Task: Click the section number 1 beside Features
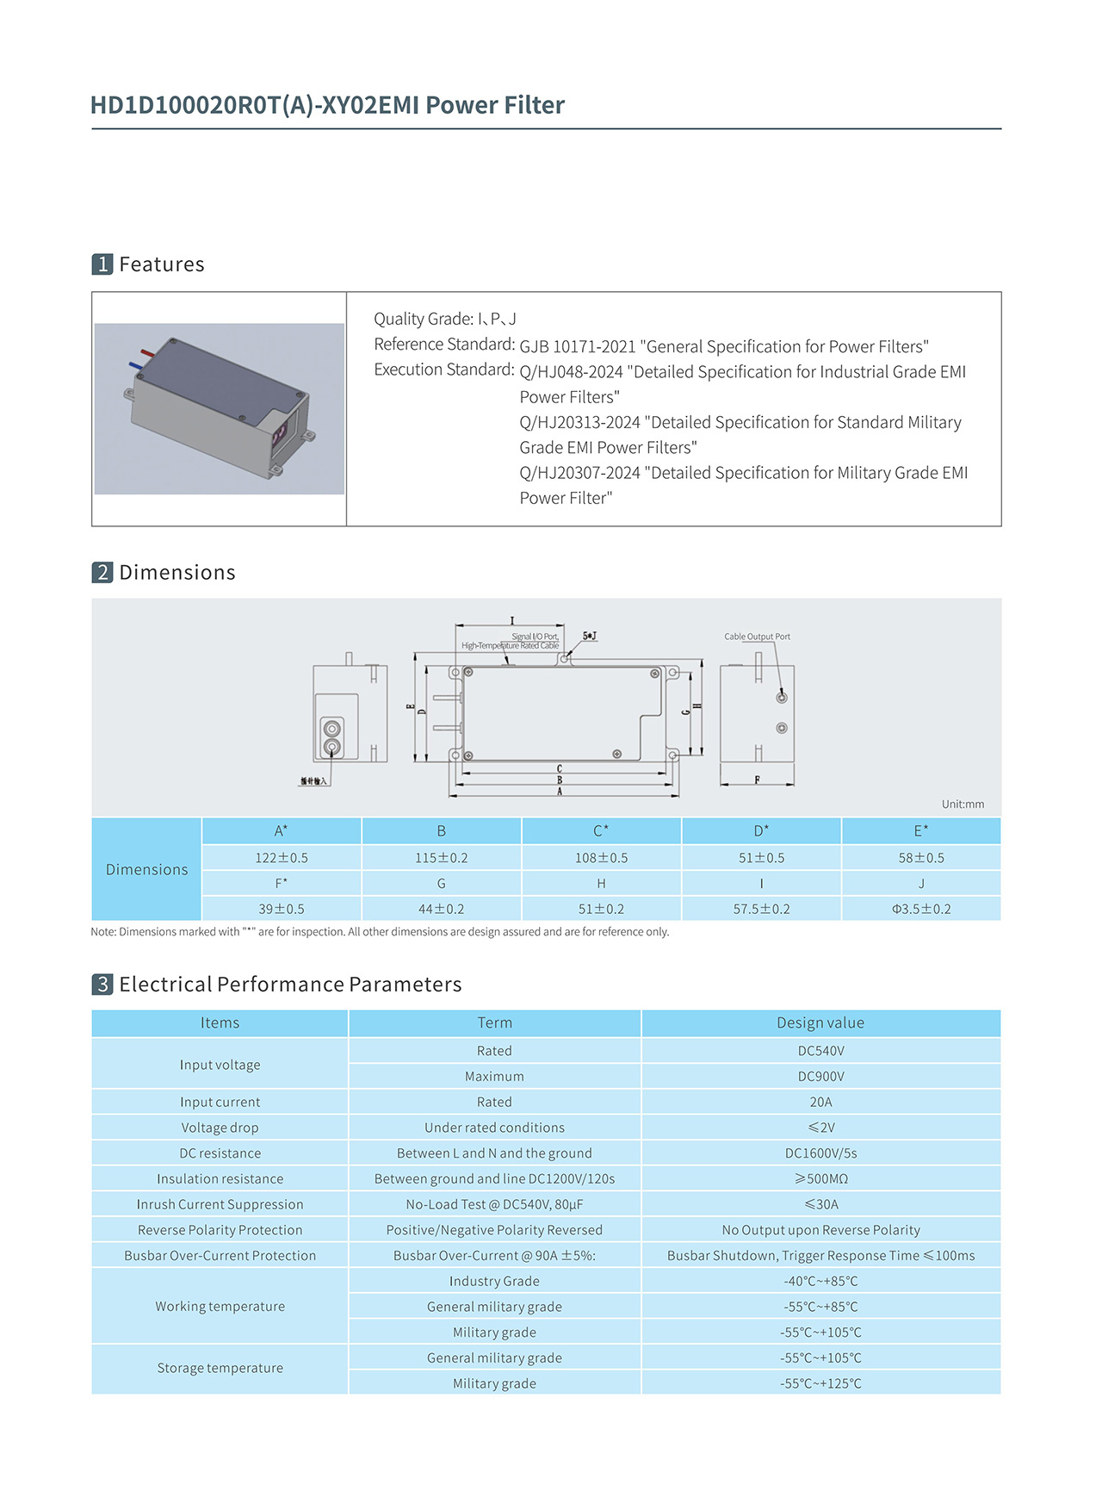[x=102, y=264]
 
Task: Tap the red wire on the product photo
[x=147, y=353]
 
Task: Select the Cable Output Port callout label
[x=757, y=637]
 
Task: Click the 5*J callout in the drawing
[x=590, y=637]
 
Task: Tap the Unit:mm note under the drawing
[x=963, y=804]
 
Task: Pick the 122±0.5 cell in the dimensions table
[x=282, y=858]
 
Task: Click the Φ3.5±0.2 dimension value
[x=921, y=909]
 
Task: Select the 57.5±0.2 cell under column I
[x=761, y=909]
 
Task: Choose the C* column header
[x=601, y=831]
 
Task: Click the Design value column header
[x=820, y=1022]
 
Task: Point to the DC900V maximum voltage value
[x=820, y=1076]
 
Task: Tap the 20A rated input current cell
[x=820, y=1102]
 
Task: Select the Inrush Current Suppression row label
[x=220, y=1204]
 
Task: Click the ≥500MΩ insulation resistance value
[x=820, y=1178]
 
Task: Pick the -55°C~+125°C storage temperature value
[x=820, y=1383]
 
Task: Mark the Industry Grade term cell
[x=494, y=1281]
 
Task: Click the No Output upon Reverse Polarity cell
[x=820, y=1230]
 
